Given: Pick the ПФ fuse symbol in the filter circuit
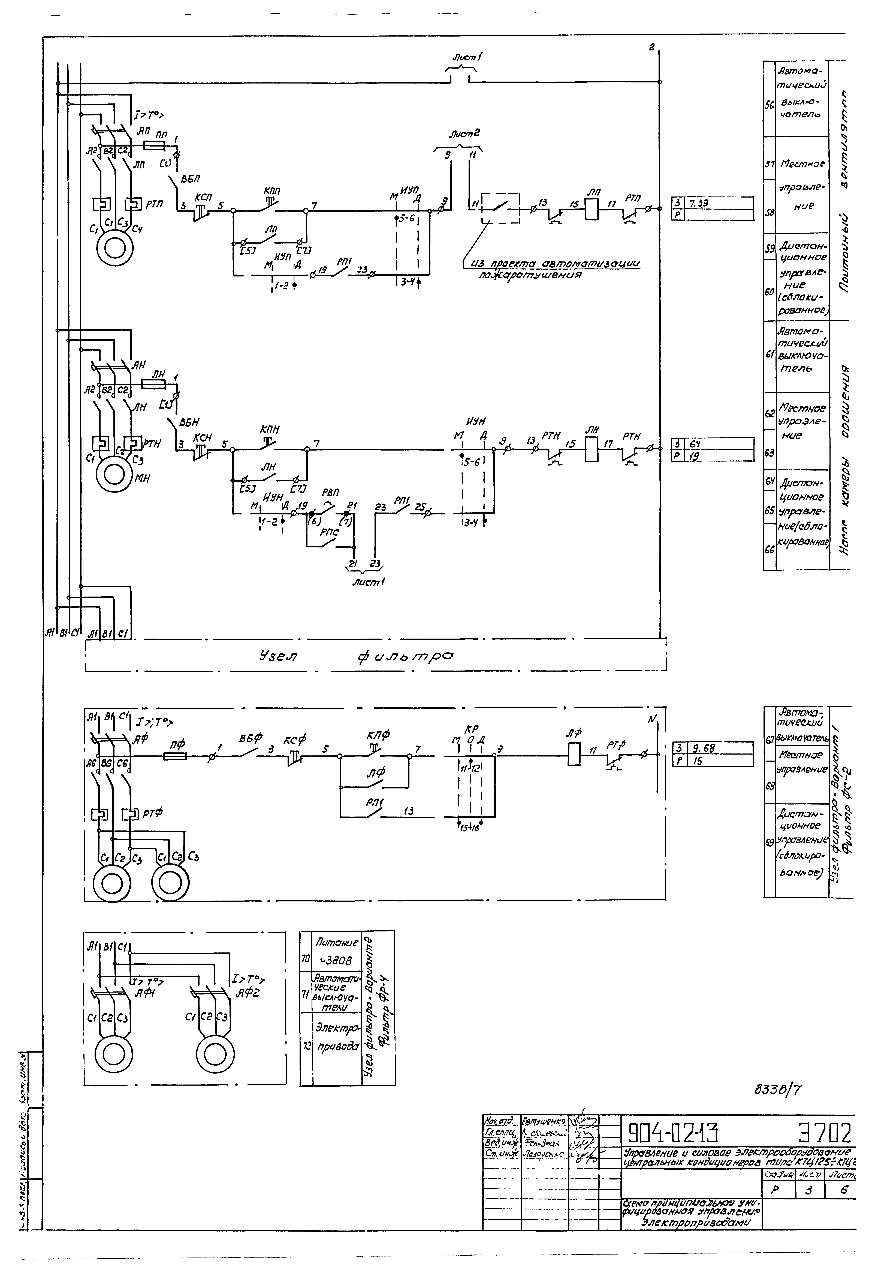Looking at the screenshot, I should click(x=175, y=756).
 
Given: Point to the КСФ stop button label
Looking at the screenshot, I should click(x=294, y=740).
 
